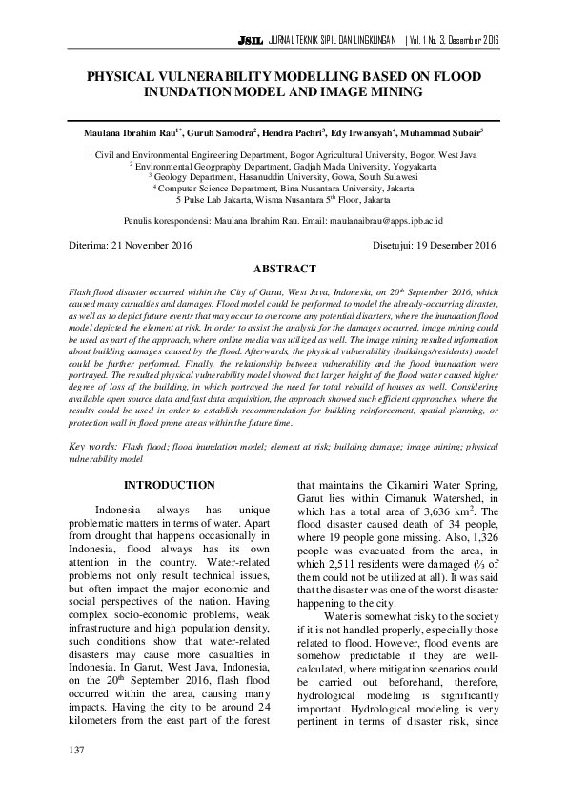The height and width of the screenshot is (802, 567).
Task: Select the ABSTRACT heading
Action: (x=284, y=270)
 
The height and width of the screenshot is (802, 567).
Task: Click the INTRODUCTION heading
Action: (x=170, y=485)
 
